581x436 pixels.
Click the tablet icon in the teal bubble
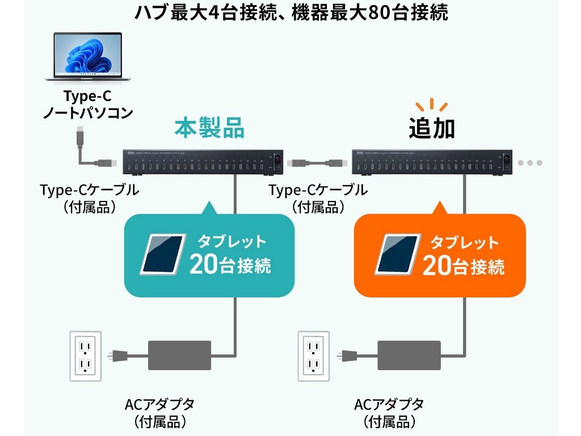pyautogui.click(x=163, y=253)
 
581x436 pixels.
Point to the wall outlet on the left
pyautogui.click(x=85, y=356)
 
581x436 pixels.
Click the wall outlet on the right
pyautogui.click(x=314, y=356)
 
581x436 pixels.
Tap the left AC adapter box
pyautogui.click(x=179, y=356)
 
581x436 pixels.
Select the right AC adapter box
pyautogui.click(x=409, y=356)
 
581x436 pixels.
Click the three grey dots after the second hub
pyautogui.click(x=530, y=163)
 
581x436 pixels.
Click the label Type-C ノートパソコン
pyautogui.click(x=88, y=104)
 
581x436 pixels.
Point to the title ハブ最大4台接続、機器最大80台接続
pyautogui.click(x=290, y=12)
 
